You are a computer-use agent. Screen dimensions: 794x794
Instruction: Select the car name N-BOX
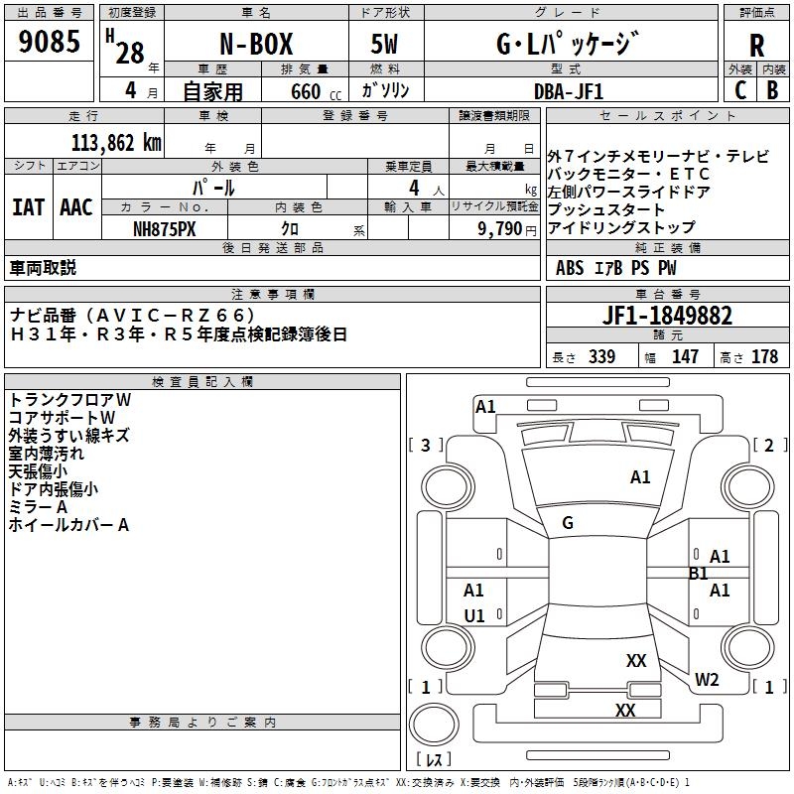click(255, 45)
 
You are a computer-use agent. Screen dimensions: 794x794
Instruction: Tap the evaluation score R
click(756, 45)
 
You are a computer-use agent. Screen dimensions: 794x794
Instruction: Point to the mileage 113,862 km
click(115, 142)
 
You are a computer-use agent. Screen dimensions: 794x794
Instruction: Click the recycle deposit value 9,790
click(500, 228)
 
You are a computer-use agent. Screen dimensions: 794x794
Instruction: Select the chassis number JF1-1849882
click(667, 316)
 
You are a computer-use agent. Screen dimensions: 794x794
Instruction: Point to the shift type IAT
click(28, 207)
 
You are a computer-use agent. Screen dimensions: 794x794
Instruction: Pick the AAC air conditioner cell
click(76, 207)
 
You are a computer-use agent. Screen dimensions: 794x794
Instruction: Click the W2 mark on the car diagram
click(706, 679)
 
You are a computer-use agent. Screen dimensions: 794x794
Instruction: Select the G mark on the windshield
click(568, 523)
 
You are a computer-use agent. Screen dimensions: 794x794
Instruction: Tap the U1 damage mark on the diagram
click(474, 616)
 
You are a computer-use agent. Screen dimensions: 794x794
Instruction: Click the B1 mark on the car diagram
click(698, 574)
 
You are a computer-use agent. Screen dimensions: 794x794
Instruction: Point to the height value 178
click(764, 356)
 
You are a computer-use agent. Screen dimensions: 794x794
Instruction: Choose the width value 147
click(685, 356)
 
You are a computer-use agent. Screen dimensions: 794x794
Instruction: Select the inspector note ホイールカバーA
click(68, 525)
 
